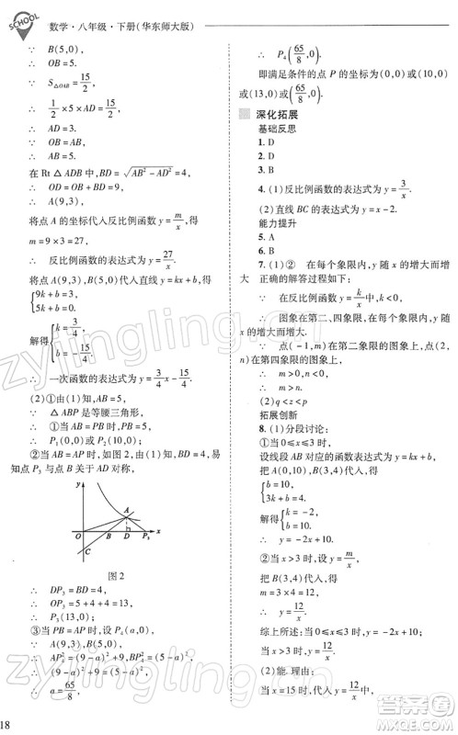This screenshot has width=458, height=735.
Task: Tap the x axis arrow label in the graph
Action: pos(158,531)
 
